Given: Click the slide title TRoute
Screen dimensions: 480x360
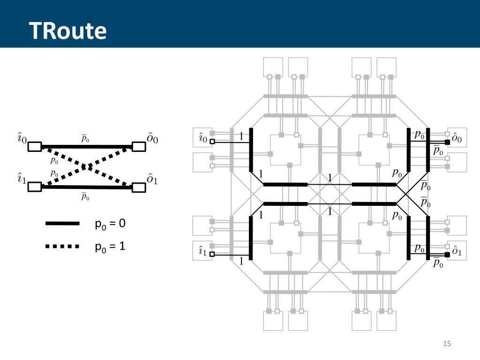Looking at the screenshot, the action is coord(68,31).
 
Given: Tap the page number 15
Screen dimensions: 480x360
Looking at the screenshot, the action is coord(446,345).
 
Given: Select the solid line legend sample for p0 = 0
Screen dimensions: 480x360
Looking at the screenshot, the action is coord(62,224).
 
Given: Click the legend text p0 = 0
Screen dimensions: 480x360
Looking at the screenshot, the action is coord(110,224).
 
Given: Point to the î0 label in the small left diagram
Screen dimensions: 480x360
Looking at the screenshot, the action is coord(22,138).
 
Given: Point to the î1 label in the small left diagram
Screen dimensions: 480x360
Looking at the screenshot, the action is coord(22,179).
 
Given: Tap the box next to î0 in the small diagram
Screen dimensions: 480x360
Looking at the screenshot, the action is coord(35,147).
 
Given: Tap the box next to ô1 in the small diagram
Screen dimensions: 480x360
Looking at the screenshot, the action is coord(139,187).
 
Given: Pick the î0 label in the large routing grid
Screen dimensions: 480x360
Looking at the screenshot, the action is coord(202,138).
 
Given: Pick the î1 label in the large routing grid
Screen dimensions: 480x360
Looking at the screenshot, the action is coord(202,252).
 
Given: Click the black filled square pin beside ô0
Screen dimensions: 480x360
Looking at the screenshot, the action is coord(447,142).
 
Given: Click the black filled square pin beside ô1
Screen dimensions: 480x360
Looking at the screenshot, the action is coord(447,255).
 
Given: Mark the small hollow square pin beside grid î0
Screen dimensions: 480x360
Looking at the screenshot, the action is coord(212,142).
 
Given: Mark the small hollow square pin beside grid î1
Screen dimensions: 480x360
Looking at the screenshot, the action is coord(212,255).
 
